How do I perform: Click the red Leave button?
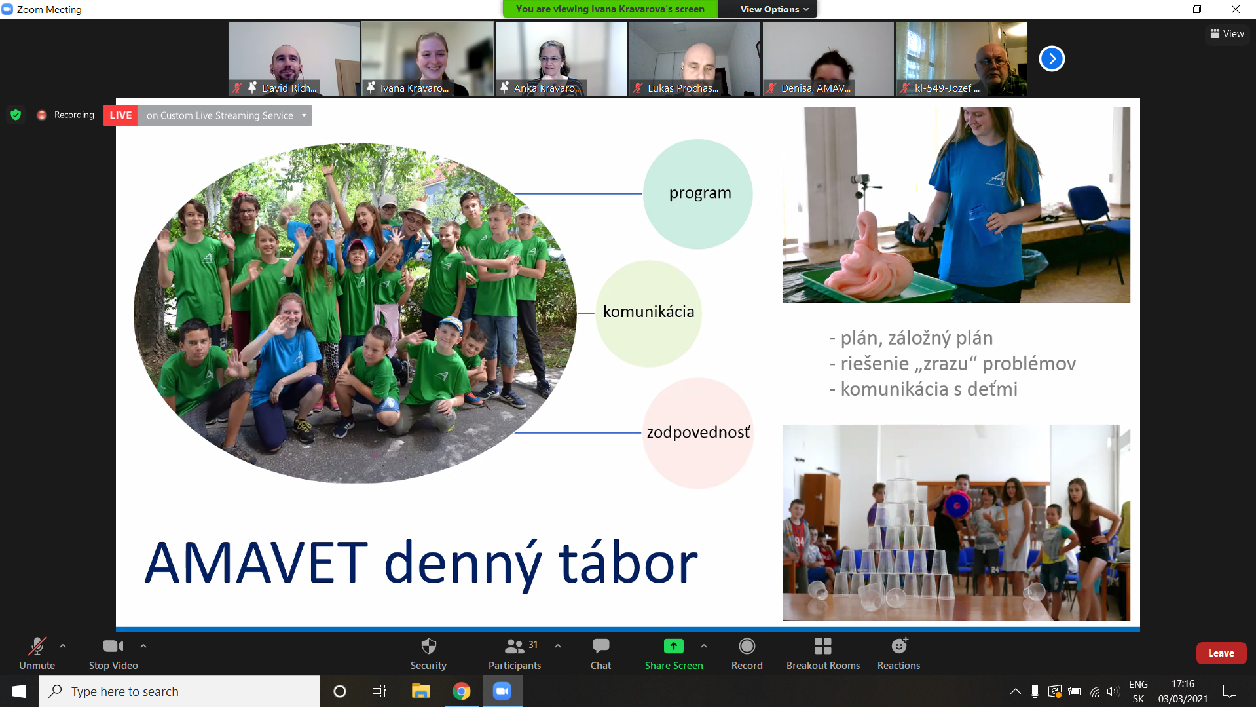(x=1221, y=653)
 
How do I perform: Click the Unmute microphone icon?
(x=37, y=646)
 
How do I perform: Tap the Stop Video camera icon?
(x=113, y=646)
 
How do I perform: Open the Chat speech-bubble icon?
(x=600, y=646)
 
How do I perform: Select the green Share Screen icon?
(x=673, y=646)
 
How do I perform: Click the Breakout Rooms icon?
(x=823, y=646)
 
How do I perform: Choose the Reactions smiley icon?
(x=900, y=645)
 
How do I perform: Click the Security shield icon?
(x=429, y=646)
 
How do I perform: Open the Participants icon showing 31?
(x=515, y=646)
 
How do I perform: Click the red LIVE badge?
(x=120, y=115)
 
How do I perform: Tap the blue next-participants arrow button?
(x=1052, y=59)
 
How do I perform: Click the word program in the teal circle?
(x=700, y=193)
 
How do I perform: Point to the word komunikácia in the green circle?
(x=648, y=311)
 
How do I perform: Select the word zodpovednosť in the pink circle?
(x=698, y=432)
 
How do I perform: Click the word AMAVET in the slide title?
(x=256, y=563)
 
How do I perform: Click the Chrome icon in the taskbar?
(x=462, y=691)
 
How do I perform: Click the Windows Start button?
(x=19, y=691)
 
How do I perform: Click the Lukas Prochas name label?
(x=682, y=88)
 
